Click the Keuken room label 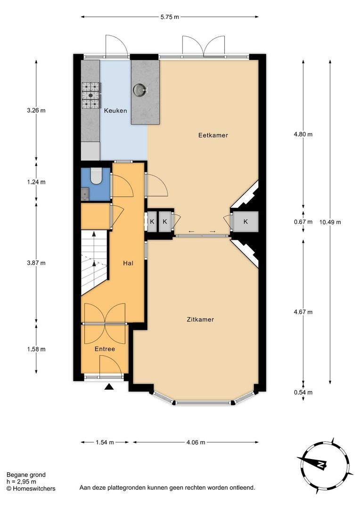115,111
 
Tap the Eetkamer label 213,135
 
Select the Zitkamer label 200,320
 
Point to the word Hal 128,263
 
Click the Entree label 105,349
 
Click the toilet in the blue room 96,176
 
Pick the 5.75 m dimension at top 170,17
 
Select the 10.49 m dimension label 330,222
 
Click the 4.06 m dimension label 196,442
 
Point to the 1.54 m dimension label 105,442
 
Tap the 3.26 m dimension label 36,110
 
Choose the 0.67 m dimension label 303,222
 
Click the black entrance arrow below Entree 109,386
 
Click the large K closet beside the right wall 246,222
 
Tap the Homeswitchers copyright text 31,489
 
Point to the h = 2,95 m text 21,482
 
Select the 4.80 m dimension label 303,134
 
